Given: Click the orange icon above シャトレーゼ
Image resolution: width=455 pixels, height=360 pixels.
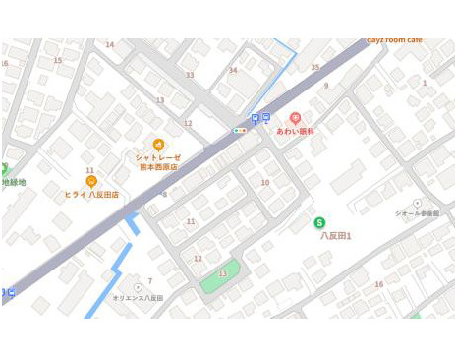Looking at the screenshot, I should pos(158,145).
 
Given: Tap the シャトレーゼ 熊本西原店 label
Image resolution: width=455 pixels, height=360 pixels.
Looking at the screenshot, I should pos(157,162).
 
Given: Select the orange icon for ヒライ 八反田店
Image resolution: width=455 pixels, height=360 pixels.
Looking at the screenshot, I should pos(91,182).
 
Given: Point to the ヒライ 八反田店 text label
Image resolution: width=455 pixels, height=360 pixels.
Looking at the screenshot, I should pos(91,195).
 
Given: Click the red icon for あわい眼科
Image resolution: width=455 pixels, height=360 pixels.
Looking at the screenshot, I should pos(295,118).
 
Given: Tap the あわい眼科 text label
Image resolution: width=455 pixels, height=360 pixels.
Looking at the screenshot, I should pos(295,131).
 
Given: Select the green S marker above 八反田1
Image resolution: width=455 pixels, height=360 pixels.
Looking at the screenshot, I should pos(319,223).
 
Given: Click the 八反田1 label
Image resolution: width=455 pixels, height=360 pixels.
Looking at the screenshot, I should pos(336,236).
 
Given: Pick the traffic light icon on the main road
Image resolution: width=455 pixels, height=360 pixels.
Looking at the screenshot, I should pos(239,130).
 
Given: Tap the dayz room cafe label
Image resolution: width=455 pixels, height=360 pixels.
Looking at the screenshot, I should pos(394,40).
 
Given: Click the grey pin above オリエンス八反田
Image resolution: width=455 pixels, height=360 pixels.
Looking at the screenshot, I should pos(138,287).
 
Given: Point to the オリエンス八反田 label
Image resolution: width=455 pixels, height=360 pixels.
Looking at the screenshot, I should pos(138,298).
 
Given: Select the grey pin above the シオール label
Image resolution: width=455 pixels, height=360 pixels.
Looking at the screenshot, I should pos(417,203).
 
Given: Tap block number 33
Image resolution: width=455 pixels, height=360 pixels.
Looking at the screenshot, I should pos(190,75).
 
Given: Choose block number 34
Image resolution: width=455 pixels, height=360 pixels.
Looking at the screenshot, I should pos(233,70).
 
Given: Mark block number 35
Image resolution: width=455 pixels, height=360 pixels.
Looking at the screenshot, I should pos(315,67).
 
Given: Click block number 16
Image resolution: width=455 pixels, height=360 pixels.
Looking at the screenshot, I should pos(378,284).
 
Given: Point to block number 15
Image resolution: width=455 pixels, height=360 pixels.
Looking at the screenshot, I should pos(57,61).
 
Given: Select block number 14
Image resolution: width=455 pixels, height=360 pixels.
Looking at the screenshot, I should pos(109,44).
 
